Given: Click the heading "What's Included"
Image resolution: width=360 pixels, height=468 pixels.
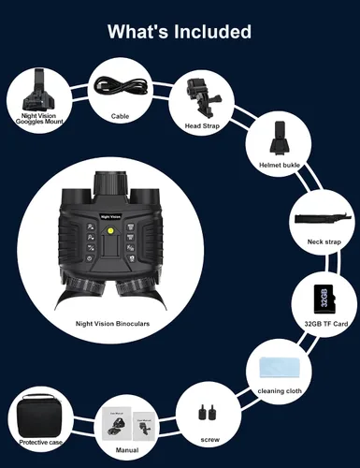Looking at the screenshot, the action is pos(180,31).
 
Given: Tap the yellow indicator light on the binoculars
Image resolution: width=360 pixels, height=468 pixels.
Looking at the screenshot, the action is pos(110,231).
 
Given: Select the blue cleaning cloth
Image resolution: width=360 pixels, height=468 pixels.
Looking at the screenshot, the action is pos(279,368).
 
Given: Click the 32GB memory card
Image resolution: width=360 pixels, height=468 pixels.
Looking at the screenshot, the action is pos(324,300).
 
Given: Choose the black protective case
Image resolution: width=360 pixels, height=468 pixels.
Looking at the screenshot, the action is pos(39,416).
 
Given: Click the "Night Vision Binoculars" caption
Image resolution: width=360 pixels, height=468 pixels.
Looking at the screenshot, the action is pos(112,324).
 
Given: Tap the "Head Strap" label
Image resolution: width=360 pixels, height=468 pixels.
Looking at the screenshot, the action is pos(202,125).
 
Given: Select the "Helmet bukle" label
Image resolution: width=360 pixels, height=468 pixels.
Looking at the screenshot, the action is pos(280,165).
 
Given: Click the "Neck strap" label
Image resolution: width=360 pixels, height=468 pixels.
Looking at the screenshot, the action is pos(324,241).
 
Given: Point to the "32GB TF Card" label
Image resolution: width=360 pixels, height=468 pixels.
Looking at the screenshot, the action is pos(326,324).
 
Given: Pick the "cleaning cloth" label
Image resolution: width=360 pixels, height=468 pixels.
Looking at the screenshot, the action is pos(280,391).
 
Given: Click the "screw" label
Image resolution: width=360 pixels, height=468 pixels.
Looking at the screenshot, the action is pos(210,440).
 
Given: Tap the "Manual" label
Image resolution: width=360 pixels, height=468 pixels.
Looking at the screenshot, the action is pos(127,450).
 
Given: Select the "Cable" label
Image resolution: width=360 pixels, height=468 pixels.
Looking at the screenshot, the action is pos(120,116).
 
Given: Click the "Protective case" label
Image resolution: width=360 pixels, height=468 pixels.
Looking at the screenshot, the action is pos(40,442).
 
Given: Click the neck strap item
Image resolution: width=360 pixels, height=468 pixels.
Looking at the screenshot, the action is pos(324,219).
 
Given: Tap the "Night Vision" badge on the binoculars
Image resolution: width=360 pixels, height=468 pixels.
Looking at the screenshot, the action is pos(110,216).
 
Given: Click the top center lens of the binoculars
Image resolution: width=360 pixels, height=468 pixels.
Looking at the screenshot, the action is pos(110,184).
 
